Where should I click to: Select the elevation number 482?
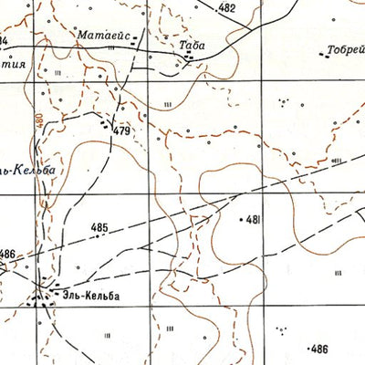pyautogui.click(x=227, y=8)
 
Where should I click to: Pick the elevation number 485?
pyautogui.click(x=99, y=227)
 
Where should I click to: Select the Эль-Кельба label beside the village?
pyautogui.click(x=91, y=295)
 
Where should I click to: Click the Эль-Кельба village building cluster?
pyautogui.click(x=40, y=293)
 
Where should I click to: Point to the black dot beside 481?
pyautogui.click(x=240, y=220)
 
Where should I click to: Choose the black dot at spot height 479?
pyautogui.click(x=111, y=126)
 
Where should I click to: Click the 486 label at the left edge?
pyautogui.click(x=8, y=254)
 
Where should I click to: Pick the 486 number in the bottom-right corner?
pyautogui.click(x=319, y=349)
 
